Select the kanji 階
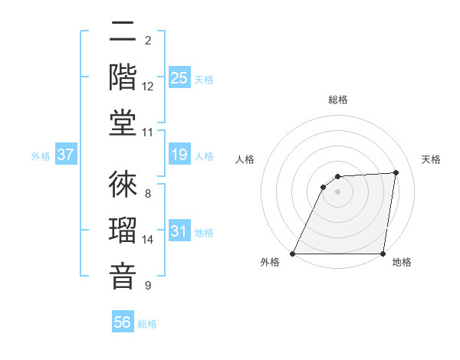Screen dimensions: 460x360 [x=123, y=77]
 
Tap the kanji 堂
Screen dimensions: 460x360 [x=123, y=122]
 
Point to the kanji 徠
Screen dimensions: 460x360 [x=123, y=183]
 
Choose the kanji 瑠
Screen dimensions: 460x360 [x=123, y=229]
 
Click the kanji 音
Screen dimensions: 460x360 [x=123, y=275]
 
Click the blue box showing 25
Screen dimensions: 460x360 [x=179, y=77]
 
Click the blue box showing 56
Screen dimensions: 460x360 [x=123, y=322]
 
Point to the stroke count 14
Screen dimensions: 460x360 [x=148, y=240]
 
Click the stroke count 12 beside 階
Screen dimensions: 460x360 [x=148, y=87]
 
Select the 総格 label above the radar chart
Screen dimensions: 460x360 [x=337, y=100]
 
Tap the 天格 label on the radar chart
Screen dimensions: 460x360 [x=431, y=159]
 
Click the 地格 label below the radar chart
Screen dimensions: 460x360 [x=402, y=262]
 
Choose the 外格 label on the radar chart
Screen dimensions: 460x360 [x=270, y=262]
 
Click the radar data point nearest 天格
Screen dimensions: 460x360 [x=396, y=172]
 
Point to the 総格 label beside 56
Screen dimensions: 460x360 [x=147, y=324]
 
